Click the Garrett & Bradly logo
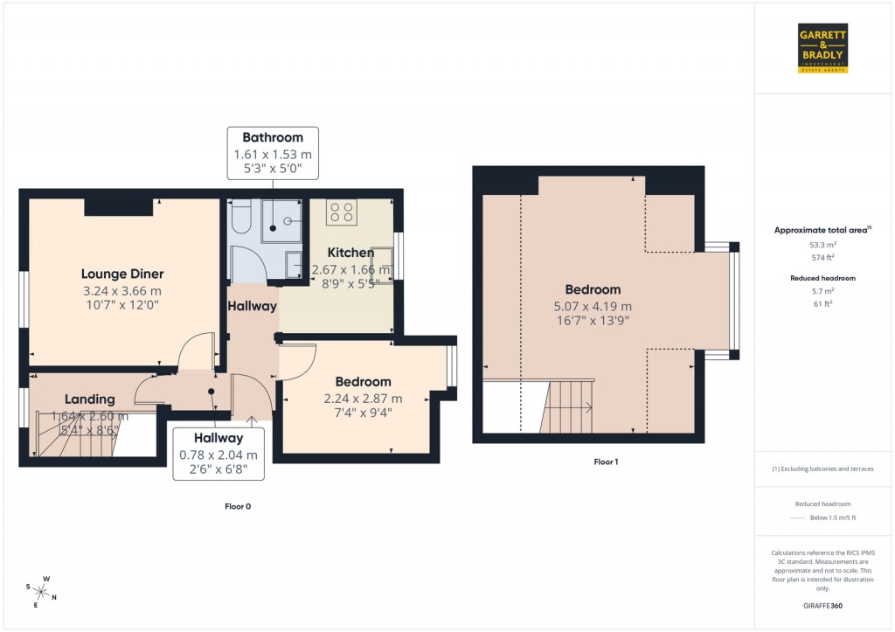823,48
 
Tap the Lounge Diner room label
122,274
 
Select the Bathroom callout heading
273,137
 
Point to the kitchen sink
382,260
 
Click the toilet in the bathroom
241,214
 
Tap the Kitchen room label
350,253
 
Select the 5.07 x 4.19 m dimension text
593,306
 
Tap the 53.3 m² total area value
822,246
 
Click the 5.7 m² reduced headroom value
822,291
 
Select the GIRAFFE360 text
823,606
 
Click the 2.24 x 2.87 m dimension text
363,399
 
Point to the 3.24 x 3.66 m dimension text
122,291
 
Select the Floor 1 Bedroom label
593,289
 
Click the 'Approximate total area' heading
822,230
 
